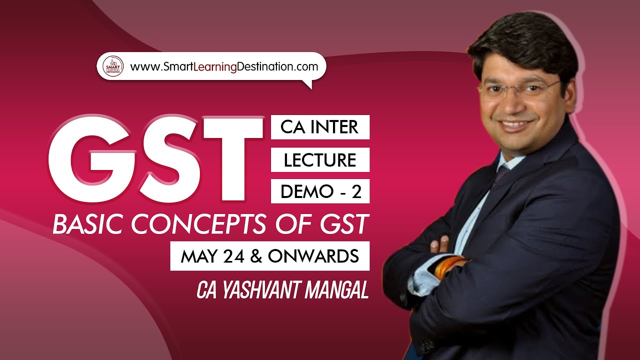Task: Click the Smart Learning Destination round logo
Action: pos(112,66)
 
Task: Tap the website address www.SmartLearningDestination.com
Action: pos(223,66)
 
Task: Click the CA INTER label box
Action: pos(319,127)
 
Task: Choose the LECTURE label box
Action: pos(319,159)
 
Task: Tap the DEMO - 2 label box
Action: pos(319,191)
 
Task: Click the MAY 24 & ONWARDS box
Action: pos(269,256)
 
